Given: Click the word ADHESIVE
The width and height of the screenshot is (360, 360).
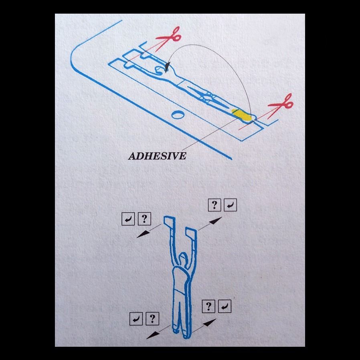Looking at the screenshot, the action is pos(157,156).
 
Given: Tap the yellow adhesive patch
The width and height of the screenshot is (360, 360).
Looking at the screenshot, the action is pos(241,115).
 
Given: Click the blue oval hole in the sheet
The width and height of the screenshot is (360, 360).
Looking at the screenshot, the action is pos(178,114).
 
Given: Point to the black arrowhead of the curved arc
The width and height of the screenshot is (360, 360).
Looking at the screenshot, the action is pos(168,67).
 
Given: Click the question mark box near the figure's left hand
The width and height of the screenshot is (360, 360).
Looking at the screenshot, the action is pos(144,219).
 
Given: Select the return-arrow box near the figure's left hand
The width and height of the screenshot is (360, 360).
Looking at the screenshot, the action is pos(128,219).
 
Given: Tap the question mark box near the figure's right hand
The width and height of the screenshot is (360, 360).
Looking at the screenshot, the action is pos(214,205).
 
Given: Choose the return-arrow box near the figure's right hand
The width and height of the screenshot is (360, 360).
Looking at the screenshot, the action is pos(230,205).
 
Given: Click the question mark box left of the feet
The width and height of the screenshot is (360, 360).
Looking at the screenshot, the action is pos(152,319).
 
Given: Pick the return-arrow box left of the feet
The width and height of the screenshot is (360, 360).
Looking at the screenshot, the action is pos(136,319).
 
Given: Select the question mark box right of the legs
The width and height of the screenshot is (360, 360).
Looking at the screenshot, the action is pos(208,306).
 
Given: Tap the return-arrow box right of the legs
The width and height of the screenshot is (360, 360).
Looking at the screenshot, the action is pos(224,306).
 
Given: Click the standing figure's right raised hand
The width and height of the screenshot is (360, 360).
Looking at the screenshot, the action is pos(191,233).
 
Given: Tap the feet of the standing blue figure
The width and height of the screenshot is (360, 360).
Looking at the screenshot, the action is pos(181,333).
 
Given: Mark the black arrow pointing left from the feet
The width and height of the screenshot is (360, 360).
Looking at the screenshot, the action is pos(158,332).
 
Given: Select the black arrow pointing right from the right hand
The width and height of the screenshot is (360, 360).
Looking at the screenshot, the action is pos(210,223).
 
